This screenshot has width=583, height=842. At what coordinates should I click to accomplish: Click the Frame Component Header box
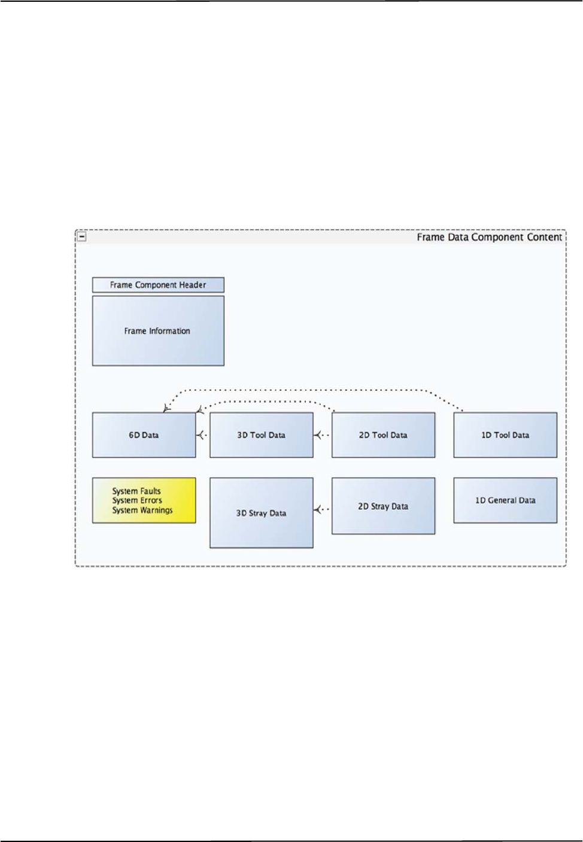click(x=158, y=285)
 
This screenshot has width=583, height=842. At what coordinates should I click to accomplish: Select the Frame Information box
click(x=158, y=331)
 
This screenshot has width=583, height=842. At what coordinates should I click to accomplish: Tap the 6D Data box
click(x=144, y=435)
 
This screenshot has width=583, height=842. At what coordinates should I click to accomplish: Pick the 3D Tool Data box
click(x=261, y=435)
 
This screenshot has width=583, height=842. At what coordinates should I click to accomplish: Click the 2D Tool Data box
click(x=383, y=435)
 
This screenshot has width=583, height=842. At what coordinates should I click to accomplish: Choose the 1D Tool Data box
click(x=505, y=435)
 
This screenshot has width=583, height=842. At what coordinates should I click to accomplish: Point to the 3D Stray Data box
click(x=261, y=513)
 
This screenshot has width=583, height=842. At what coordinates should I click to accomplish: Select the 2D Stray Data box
click(x=383, y=506)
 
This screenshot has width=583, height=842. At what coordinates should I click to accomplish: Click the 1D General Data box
click(x=505, y=500)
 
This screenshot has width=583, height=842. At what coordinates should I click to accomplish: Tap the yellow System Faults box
click(x=144, y=500)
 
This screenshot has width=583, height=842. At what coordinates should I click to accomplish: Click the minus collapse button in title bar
click(x=82, y=236)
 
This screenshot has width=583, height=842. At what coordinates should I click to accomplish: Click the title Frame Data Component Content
click(x=489, y=238)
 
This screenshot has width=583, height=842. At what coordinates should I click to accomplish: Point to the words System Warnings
click(x=142, y=510)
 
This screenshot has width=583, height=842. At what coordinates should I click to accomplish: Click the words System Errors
click(x=137, y=501)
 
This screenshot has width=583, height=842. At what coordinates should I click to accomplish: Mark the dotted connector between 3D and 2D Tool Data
click(x=323, y=435)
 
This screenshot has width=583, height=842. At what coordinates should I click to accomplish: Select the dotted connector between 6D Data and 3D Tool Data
click(x=202, y=435)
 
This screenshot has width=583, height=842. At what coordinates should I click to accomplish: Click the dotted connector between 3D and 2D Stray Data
click(x=323, y=510)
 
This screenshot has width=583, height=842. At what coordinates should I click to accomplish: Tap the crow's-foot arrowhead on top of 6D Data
click(x=166, y=409)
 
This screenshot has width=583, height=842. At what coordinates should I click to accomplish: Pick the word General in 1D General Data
click(x=505, y=500)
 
